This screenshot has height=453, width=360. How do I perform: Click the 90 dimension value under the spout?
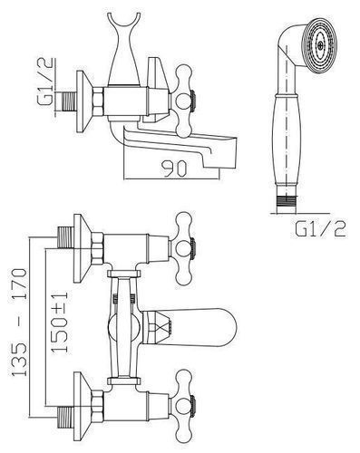point(174,169)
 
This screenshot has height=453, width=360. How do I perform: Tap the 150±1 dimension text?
point(59,322)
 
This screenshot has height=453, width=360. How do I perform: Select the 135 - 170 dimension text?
point(20,322)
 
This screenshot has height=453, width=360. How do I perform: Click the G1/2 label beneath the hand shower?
point(319,230)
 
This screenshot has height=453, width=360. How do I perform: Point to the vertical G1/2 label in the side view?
point(46,82)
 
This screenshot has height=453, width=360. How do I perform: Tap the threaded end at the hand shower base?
point(286,201)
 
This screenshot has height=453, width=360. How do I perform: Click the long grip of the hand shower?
point(287,139)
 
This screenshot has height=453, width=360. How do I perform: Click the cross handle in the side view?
point(184,100)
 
